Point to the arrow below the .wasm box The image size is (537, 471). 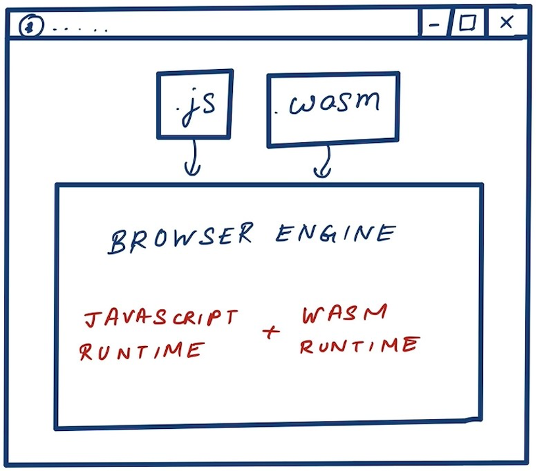(322, 162)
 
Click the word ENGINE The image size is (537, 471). (336, 234)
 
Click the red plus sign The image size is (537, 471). (270, 332)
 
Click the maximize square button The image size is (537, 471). (467, 24)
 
